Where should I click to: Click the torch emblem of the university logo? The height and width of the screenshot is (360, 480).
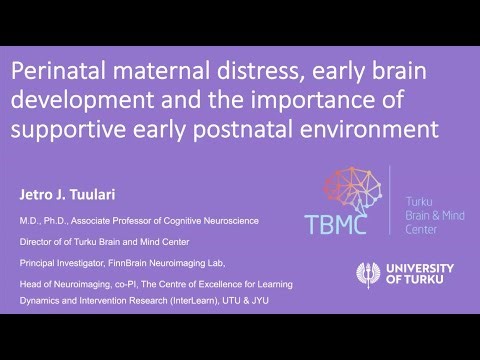[x=368, y=274]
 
